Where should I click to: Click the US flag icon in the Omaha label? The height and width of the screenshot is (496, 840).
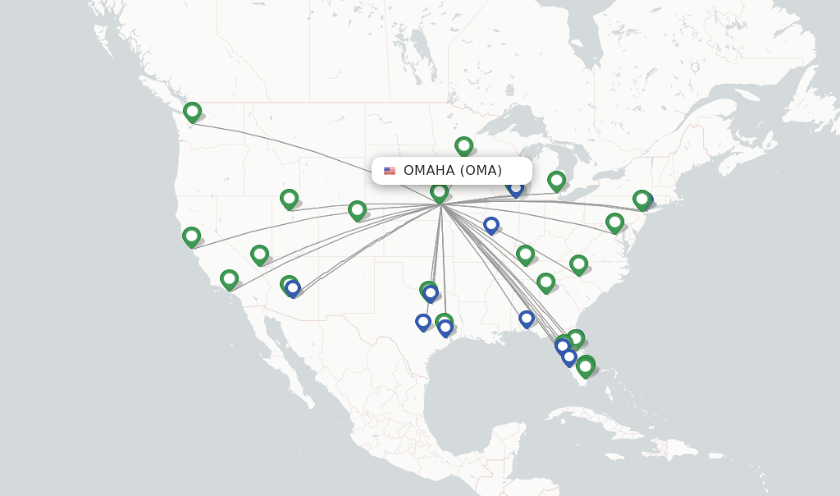click(x=390, y=171)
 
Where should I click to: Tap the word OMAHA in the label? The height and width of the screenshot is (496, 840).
click(x=428, y=171)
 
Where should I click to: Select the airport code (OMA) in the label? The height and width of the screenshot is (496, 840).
click(x=481, y=171)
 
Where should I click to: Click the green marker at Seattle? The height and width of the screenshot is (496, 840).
click(x=192, y=111)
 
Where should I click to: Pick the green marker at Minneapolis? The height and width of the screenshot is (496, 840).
click(x=463, y=146)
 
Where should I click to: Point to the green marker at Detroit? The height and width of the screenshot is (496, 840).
click(x=556, y=180)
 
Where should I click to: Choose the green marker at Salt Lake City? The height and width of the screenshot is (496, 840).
click(x=289, y=199)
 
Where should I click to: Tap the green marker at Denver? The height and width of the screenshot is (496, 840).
click(x=357, y=209)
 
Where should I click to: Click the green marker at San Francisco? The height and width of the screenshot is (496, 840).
click(x=191, y=237)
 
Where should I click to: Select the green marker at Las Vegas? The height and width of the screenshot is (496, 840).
click(x=259, y=255)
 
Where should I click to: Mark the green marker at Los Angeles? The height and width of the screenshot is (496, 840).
click(x=229, y=279)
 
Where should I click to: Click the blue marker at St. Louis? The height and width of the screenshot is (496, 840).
click(x=491, y=224)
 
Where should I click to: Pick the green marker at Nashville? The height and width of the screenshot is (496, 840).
click(x=525, y=255)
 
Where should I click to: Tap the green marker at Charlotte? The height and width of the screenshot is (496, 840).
click(x=578, y=264)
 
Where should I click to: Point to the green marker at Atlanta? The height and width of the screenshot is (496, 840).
click(x=546, y=282)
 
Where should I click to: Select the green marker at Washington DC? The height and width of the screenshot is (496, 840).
click(x=614, y=222)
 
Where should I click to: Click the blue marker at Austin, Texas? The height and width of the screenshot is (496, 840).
click(x=423, y=321)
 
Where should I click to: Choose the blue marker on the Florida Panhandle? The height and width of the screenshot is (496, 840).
click(x=527, y=318)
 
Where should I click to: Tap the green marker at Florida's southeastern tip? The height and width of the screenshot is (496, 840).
click(x=585, y=365)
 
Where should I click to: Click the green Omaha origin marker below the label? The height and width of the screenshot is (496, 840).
click(x=439, y=192)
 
